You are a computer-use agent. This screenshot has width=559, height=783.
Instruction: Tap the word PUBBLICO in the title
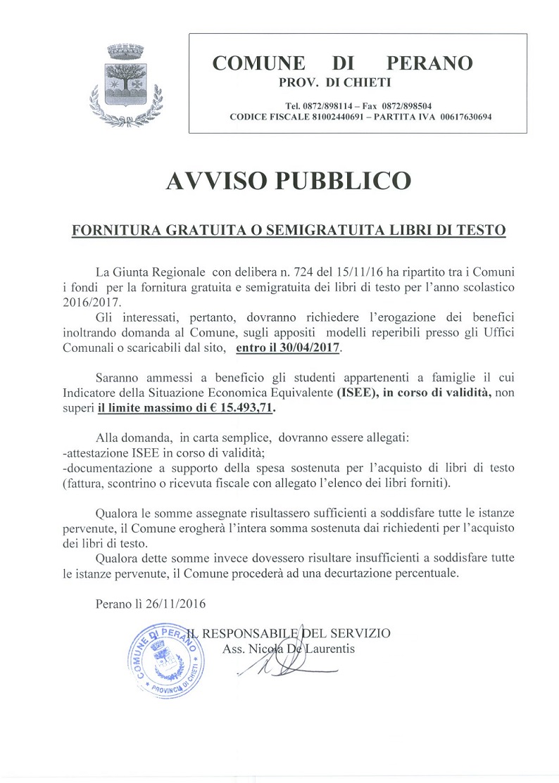click(348, 181)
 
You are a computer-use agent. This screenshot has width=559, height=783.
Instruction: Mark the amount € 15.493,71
click(241, 407)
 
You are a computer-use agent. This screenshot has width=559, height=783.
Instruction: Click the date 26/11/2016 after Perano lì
click(176, 604)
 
